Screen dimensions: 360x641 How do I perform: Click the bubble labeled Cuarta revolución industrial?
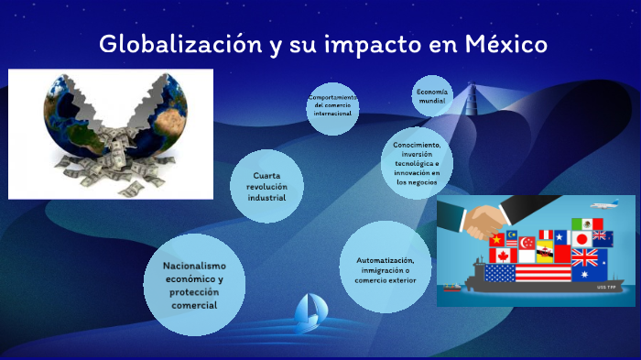(x=267, y=186)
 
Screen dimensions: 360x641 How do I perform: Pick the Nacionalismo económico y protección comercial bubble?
(x=193, y=285)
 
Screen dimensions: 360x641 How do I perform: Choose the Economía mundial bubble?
(x=431, y=98)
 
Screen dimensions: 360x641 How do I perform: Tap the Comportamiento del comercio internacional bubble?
(x=332, y=108)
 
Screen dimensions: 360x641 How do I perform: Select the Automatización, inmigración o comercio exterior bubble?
(x=385, y=269)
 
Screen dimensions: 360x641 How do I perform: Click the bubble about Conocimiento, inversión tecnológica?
(x=418, y=163)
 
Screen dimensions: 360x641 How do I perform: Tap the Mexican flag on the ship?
(x=587, y=224)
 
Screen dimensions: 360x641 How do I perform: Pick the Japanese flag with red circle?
(x=581, y=239)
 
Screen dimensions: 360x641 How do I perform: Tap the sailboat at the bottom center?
(x=307, y=312)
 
